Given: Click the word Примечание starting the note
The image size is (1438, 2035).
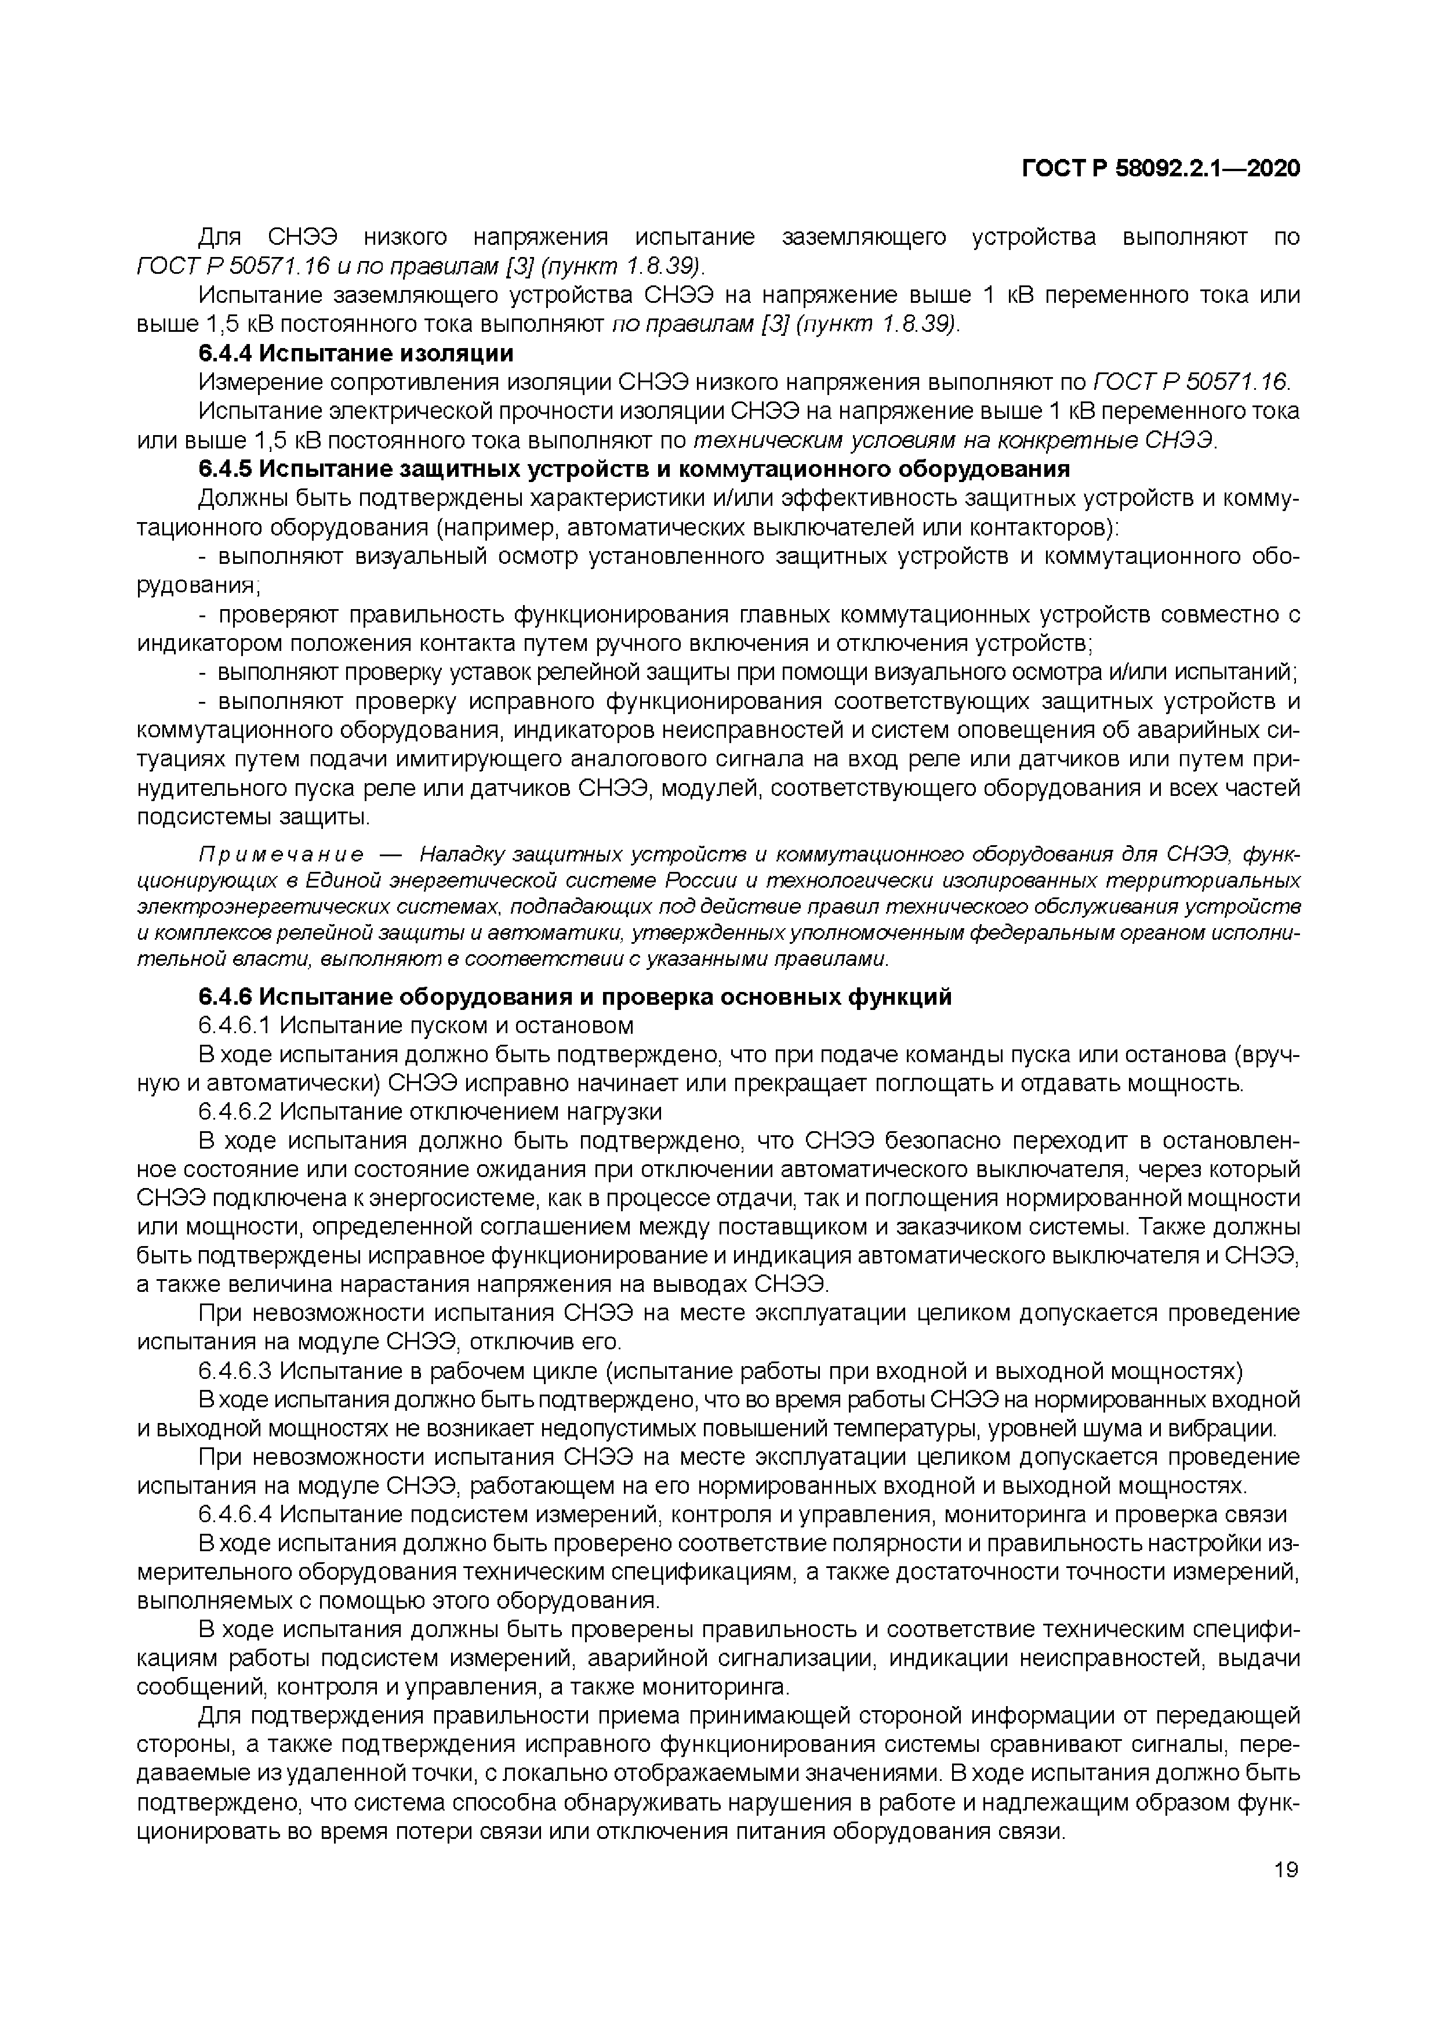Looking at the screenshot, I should point(281,855).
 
